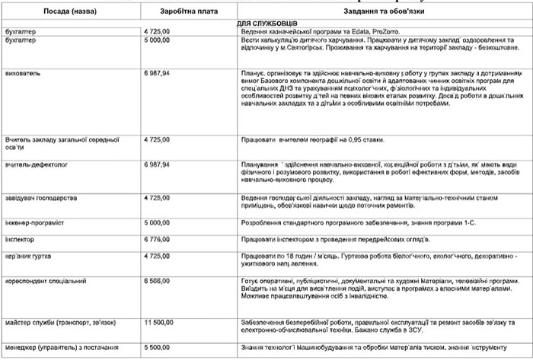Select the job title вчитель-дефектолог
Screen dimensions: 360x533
(37, 164)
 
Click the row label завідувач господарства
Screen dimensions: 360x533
(43, 197)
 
